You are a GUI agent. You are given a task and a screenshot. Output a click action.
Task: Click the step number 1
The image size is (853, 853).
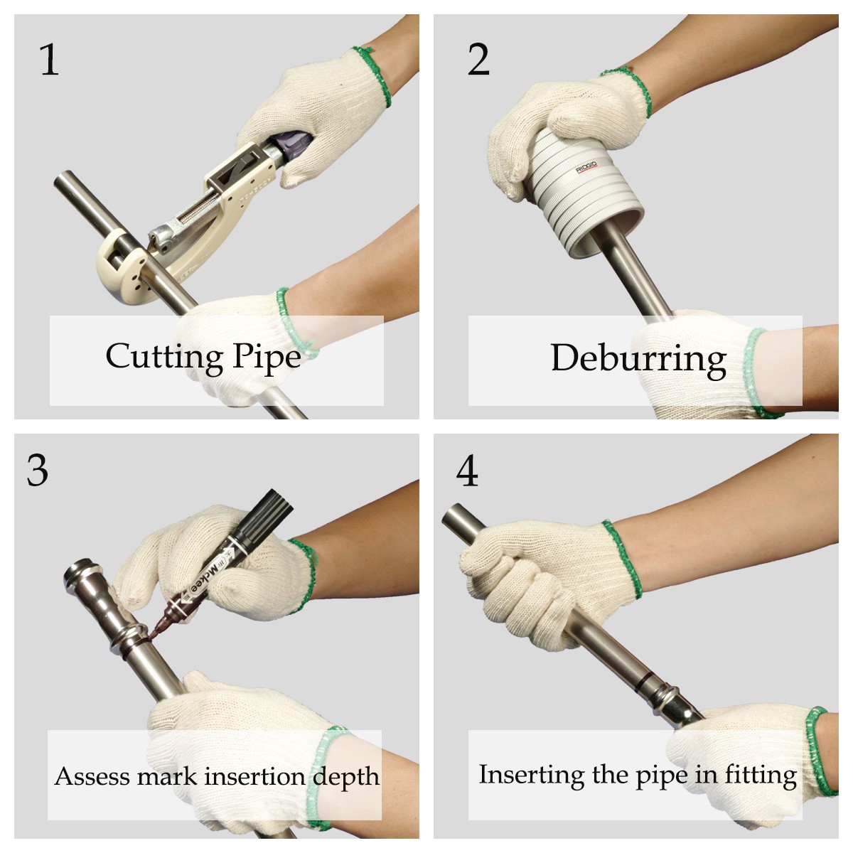tap(49, 60)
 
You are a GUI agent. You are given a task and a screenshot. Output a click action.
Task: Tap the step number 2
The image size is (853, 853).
tap(478, 60)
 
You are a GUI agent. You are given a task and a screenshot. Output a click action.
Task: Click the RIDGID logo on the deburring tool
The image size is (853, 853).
tap(586, 168)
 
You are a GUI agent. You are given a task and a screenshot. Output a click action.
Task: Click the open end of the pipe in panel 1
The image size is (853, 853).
tap(63, 180)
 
